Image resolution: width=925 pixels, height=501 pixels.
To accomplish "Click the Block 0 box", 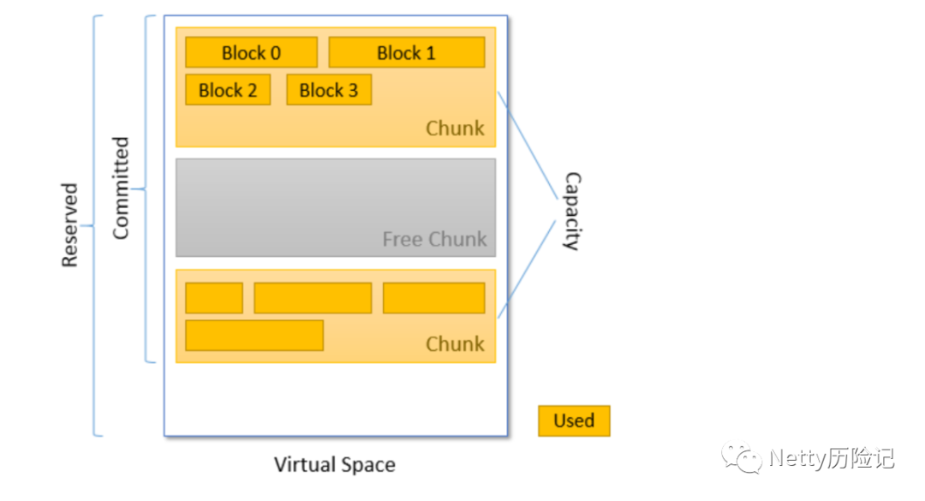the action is click(x=251, y=52).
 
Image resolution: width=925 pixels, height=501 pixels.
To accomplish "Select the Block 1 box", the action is click(x=407, y=52).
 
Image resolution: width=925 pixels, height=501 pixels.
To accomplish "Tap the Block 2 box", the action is click(x=229, y=90).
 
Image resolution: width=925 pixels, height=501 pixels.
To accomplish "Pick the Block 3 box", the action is click(x=329, y=90).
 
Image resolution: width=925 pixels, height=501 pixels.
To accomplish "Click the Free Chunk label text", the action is click(x=435, y=239).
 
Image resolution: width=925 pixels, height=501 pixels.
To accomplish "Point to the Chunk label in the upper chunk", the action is click(x=455, y=128).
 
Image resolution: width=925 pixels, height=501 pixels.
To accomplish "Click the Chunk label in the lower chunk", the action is click(x=455, y=343).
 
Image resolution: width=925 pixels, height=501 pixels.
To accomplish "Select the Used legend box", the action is click(x=574, y=420).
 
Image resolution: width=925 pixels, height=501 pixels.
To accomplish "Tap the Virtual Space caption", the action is click(x=335, y=465).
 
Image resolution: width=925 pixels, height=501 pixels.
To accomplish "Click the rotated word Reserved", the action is click(x=69, y=225).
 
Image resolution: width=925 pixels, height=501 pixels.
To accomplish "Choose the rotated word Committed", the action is click(x=121, y=188).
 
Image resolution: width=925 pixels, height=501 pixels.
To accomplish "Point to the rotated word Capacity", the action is click(x=572, y=212).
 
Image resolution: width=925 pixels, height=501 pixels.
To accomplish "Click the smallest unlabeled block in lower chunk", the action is click(x=214, y=298).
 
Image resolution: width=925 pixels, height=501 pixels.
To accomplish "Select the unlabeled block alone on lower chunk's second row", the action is click(x=254, y=335).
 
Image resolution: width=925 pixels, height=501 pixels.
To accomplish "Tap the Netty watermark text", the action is click(x=832, y=458).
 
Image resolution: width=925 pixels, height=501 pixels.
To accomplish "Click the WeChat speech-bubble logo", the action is click(x=742, y=457).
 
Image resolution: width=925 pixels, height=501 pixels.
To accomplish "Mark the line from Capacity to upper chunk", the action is click(x=528, y=146).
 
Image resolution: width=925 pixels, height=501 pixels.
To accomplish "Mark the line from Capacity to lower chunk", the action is click(x=527, y=269).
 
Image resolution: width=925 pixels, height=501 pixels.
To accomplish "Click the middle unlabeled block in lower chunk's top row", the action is click(x=313, y=298).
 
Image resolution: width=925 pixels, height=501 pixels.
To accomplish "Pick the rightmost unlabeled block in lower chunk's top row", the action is click(x=434, y=298).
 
